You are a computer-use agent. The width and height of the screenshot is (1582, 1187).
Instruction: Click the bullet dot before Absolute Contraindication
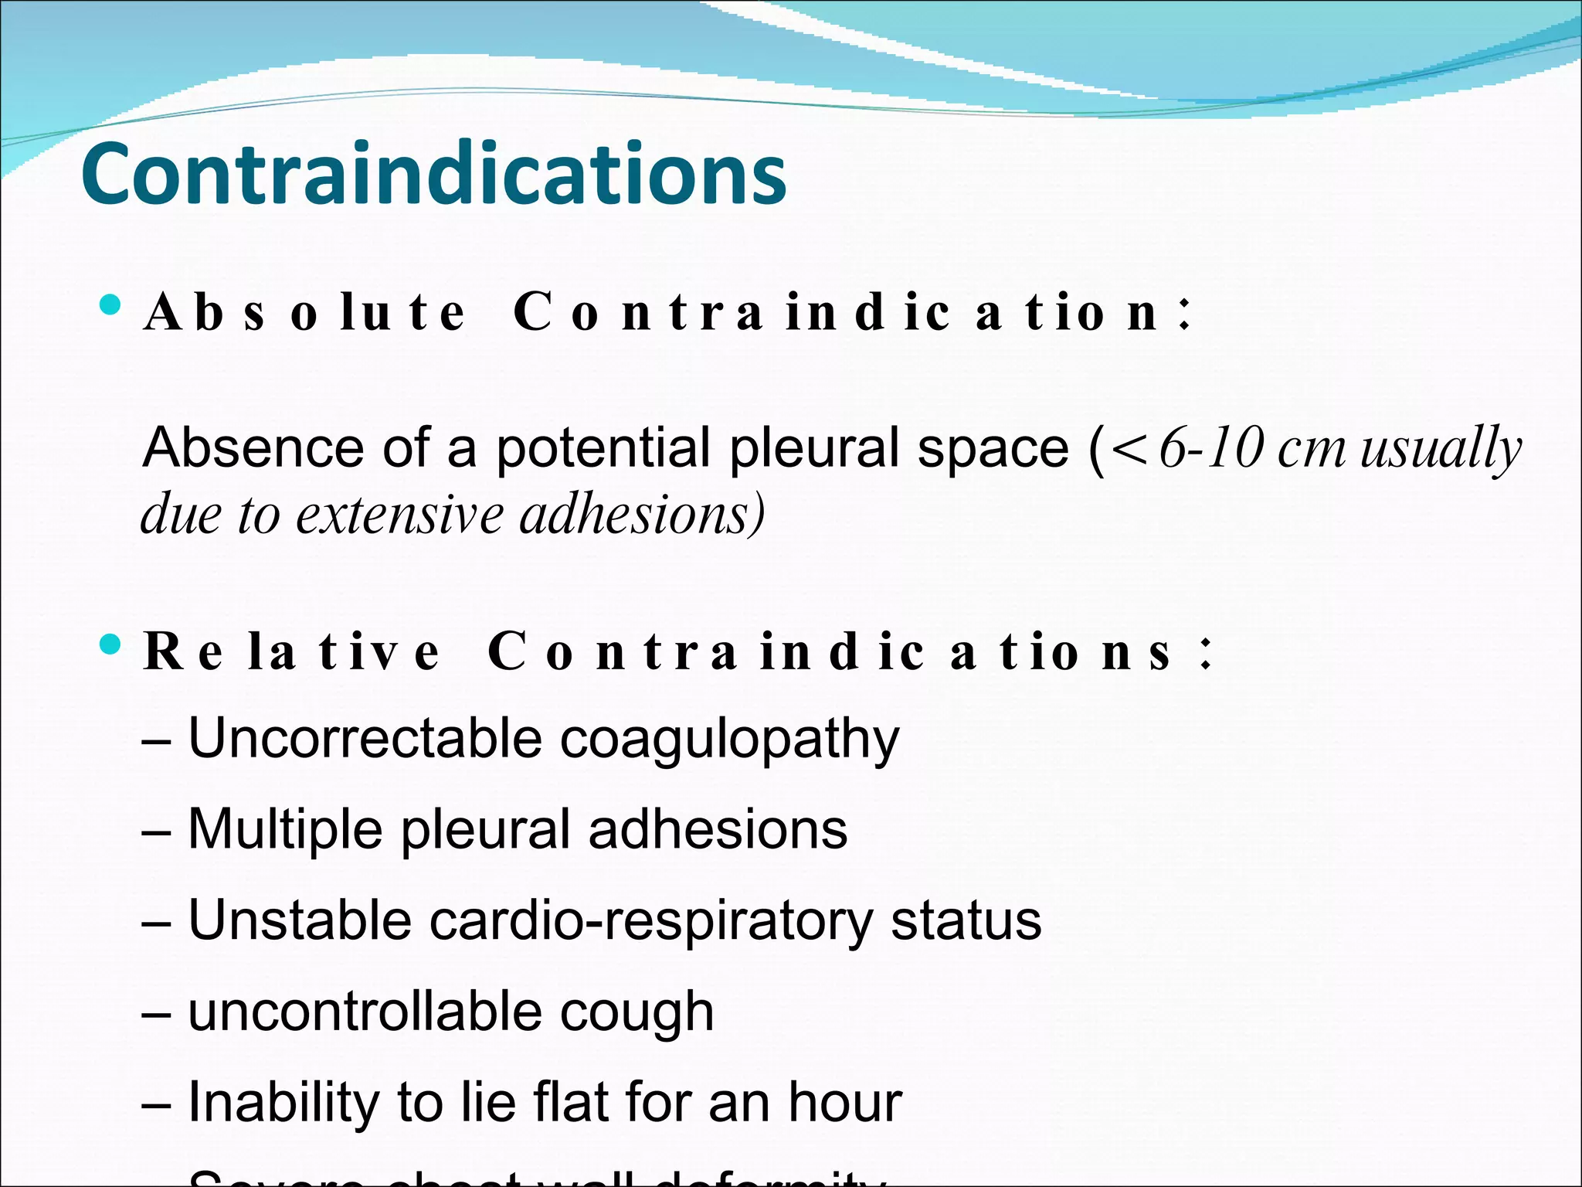click(x=110, y=304)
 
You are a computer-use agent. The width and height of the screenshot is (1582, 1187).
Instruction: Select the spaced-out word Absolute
click(x=305, y=313)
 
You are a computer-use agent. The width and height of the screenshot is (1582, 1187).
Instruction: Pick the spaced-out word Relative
click(x=291, y=651)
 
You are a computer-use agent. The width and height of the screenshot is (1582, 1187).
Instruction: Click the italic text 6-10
click(x=1211, y=447)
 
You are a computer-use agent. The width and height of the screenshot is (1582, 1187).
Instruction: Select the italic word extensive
click(x=399, y=514)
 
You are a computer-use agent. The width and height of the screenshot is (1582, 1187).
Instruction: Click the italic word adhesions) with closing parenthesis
click(x=642, y=514)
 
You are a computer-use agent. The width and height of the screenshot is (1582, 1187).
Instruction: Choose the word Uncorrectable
click(x=365, y=738)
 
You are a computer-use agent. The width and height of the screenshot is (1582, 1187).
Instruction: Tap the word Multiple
click(x=285, y=830)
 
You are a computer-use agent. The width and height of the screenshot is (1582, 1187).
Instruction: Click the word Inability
click(x=283, y=1103)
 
